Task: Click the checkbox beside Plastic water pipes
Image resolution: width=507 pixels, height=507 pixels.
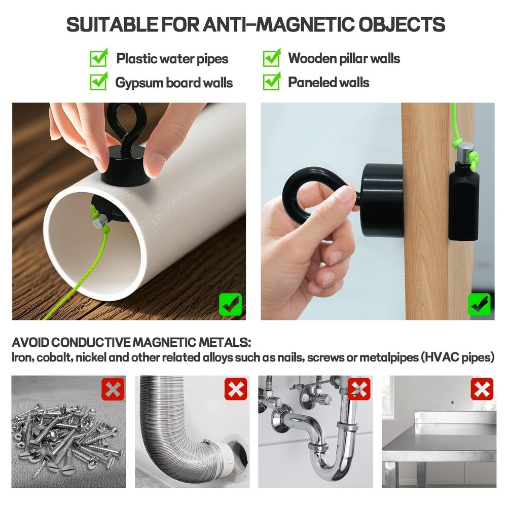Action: pos(99,58)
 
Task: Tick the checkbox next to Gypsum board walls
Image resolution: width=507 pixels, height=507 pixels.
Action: pos(99,82)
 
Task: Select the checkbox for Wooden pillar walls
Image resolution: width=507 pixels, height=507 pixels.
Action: pos(272,58)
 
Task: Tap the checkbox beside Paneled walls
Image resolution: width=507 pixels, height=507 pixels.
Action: pos(272,82)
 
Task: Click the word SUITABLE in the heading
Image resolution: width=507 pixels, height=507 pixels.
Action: pos(112,24)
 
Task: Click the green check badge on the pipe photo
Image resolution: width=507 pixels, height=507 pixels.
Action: pos(231,304)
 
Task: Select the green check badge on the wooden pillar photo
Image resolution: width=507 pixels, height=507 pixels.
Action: pos(479,304)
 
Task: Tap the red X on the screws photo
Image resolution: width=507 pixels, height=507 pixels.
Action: pos(113,389)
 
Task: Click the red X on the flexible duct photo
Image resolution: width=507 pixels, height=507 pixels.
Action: pos(236,389)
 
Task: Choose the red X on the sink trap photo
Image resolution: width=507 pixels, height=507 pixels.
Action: pos(359,389)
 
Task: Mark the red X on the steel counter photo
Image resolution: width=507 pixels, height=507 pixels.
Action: pos(482,389)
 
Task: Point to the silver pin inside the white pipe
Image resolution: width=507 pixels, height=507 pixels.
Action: pos(100,222)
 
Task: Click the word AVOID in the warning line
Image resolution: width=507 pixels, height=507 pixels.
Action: pos(30,342)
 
